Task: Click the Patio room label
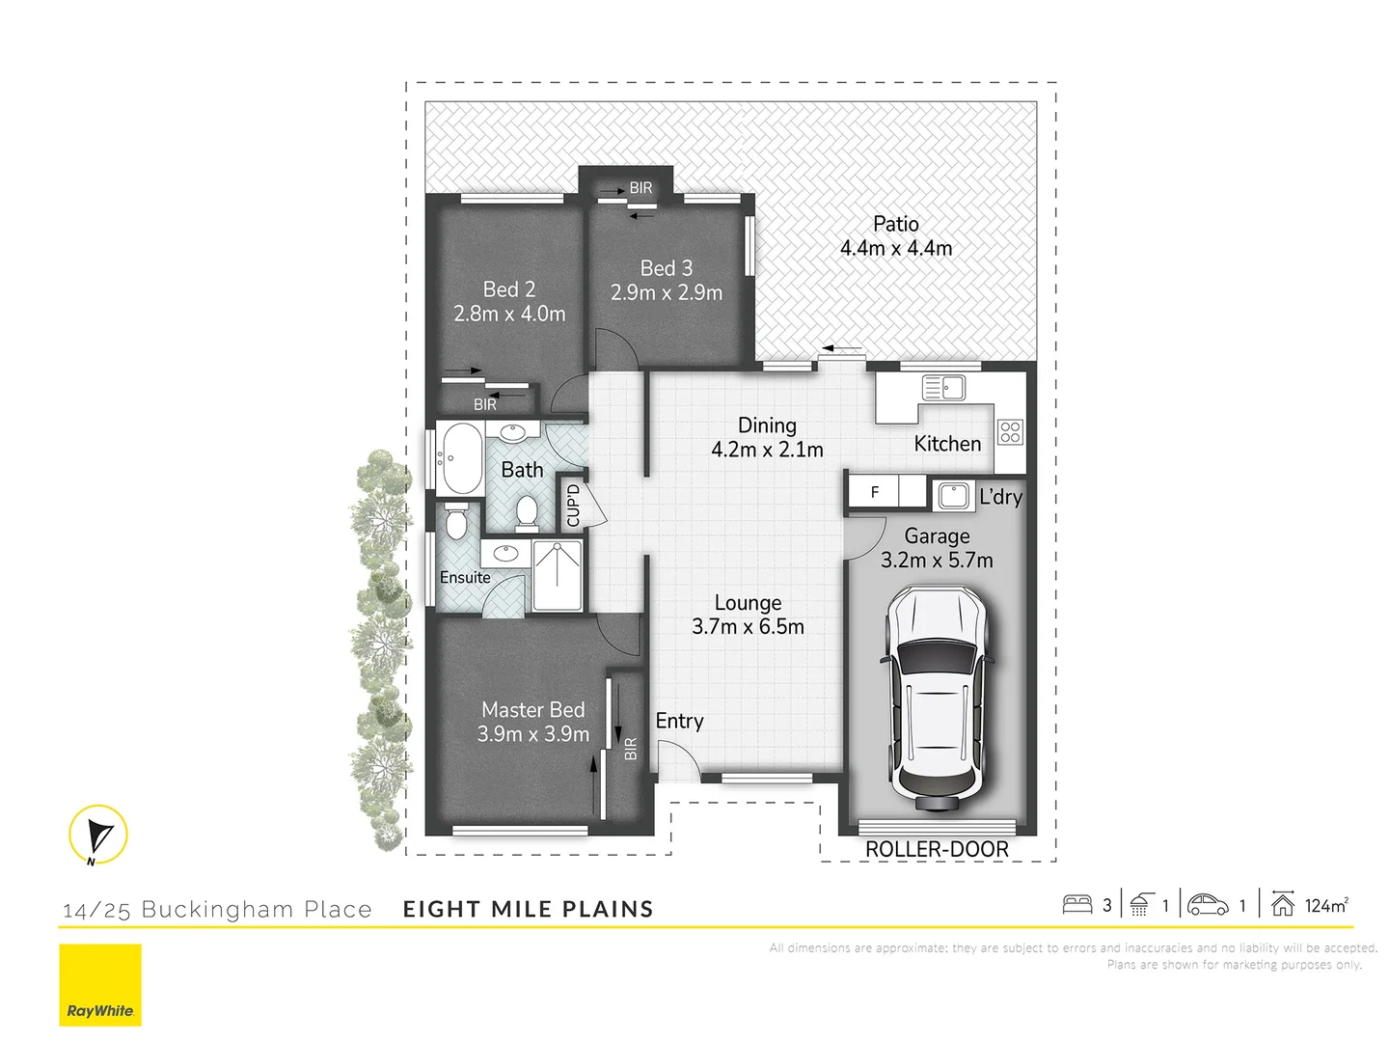(895, 224)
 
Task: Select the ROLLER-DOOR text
(937, 849)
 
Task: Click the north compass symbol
(98, 835)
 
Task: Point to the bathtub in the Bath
(460, 458)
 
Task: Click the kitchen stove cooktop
(1010, 432)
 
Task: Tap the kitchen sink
(944, 388)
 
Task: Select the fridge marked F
(874, 492)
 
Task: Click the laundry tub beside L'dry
(954, 496)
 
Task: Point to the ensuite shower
(558, 575)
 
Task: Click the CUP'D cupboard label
(573, 505)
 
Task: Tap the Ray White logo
(100, 985)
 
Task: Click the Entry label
(679, 721)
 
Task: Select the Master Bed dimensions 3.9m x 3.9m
(533, 734)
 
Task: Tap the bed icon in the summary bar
(1076, 905)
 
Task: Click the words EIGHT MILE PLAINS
(528, 909)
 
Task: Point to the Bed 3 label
(667, 268)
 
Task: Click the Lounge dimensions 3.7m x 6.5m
(748, 627)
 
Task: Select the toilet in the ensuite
(456, 522)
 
